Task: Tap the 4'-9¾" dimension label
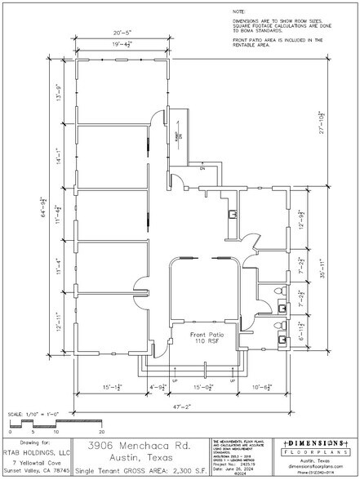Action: pyautogui.click(x=158, y=387)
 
